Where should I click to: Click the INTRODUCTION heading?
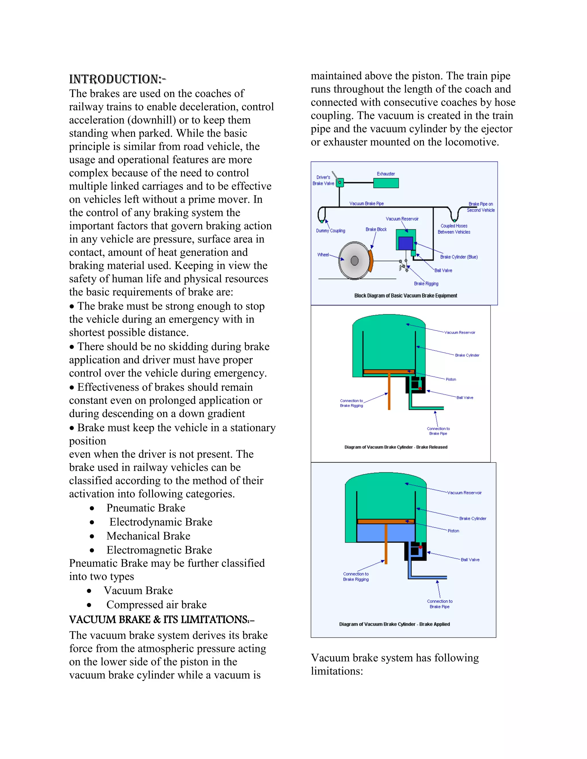click(x=117, y=79)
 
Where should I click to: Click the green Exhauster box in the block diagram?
click(x=386, y=183)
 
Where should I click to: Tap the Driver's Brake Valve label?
click(x=323, y=180)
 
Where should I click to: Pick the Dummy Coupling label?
click(x=330, y=231)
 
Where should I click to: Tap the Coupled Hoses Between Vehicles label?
click(x=454, y=229)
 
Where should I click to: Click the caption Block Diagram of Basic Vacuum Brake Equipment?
click(x=406, y=296)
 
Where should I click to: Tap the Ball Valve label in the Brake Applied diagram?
click(x=470, y=560)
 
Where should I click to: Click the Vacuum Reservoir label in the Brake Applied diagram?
click(x=464, y=493)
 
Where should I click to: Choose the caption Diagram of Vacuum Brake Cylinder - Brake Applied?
click(x=394, y=624)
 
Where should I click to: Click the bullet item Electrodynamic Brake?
click(x=161, y=522)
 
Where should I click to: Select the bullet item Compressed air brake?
click(x=156, y=605)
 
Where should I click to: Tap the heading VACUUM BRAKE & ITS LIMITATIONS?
click(x=161, y=620)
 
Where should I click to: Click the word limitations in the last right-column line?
click(x=336, y=671)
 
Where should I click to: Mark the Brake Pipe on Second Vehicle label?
click(x=481, y=207)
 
